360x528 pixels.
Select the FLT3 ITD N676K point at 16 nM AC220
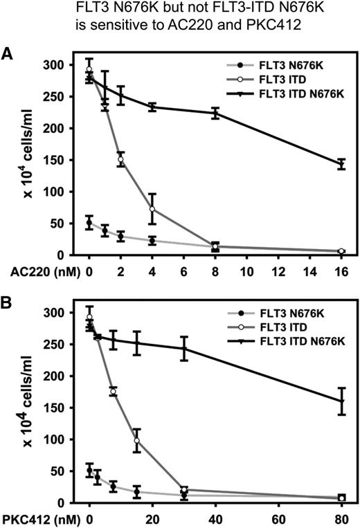coord(341,164)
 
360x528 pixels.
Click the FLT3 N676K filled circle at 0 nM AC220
coord(89,223)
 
